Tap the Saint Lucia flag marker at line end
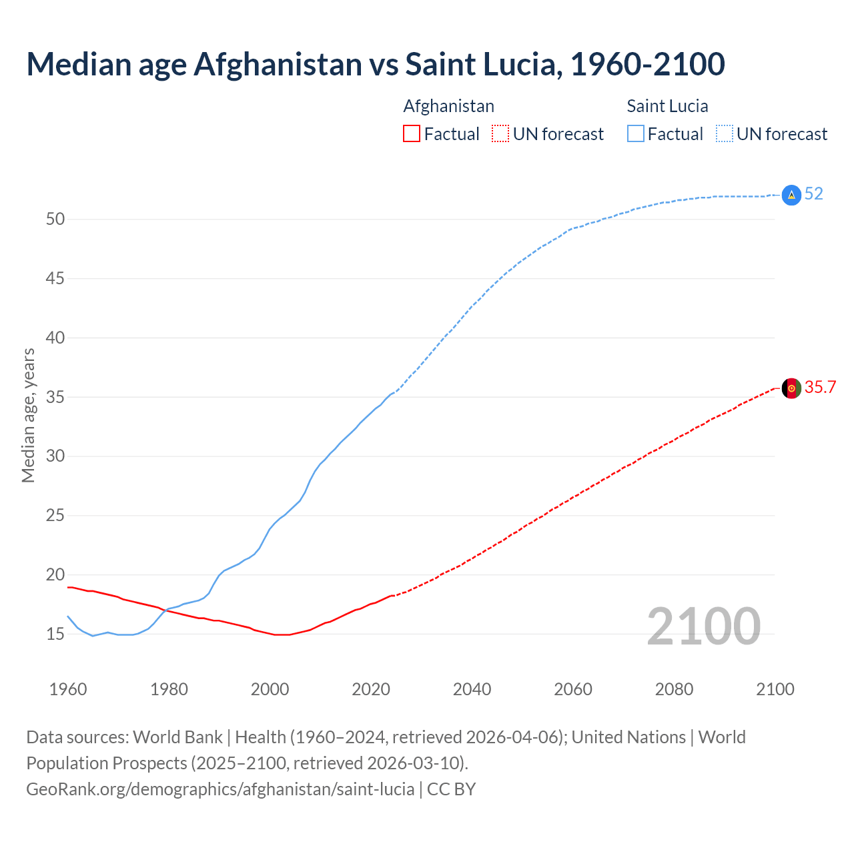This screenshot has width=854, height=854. click(791, 195)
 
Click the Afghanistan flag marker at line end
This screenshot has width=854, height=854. click(791, 388)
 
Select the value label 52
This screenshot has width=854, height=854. click(814, 194)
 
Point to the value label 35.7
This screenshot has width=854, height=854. click(821, 388)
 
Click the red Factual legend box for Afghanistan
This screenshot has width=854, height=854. click(412, 134)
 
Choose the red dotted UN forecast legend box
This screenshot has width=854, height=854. click(500, 134)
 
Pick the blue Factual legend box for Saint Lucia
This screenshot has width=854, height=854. click(636, 134)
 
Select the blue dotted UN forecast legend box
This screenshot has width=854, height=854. click(724, 134)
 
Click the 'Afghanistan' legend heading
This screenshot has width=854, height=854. click(448, 106)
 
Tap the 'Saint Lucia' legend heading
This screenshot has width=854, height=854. click(667, 106)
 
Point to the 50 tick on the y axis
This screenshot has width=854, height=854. click(55, 220)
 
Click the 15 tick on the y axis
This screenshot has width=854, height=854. click(55, 634)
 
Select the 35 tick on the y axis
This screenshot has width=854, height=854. click(55, 398)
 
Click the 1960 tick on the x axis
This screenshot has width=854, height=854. click(68, 689)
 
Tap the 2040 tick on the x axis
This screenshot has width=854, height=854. click(472, 689)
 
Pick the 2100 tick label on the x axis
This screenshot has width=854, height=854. click(775, 689)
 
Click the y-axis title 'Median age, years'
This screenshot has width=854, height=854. click(28, 415)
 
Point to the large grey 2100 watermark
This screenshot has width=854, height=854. click(704, 626)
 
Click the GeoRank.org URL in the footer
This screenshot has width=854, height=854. click(220, 789)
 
